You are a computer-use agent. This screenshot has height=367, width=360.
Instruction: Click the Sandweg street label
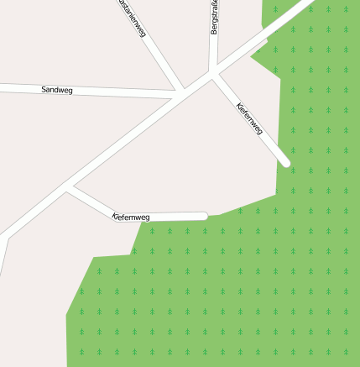click(x=56, y=88)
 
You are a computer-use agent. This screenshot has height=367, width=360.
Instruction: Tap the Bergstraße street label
click(x=215, y=18)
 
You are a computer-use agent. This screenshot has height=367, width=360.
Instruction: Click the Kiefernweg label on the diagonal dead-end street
click(x=250, y=118)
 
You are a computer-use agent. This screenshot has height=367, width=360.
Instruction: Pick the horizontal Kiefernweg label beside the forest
click(x=131, y=218)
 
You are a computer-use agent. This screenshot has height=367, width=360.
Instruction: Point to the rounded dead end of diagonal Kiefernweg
click(x=286, y=163)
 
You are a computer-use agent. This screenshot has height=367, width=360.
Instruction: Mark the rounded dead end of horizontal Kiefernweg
click(x=203, y=216)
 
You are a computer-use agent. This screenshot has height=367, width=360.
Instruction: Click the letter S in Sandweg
click(x=44, y=88)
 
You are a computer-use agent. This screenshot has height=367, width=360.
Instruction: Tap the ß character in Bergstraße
click(x=215, y=8)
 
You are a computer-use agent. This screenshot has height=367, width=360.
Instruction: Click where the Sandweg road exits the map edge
click(x=2, y=86)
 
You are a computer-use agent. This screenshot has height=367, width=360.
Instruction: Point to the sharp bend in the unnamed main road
click(x=7, y=236)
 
